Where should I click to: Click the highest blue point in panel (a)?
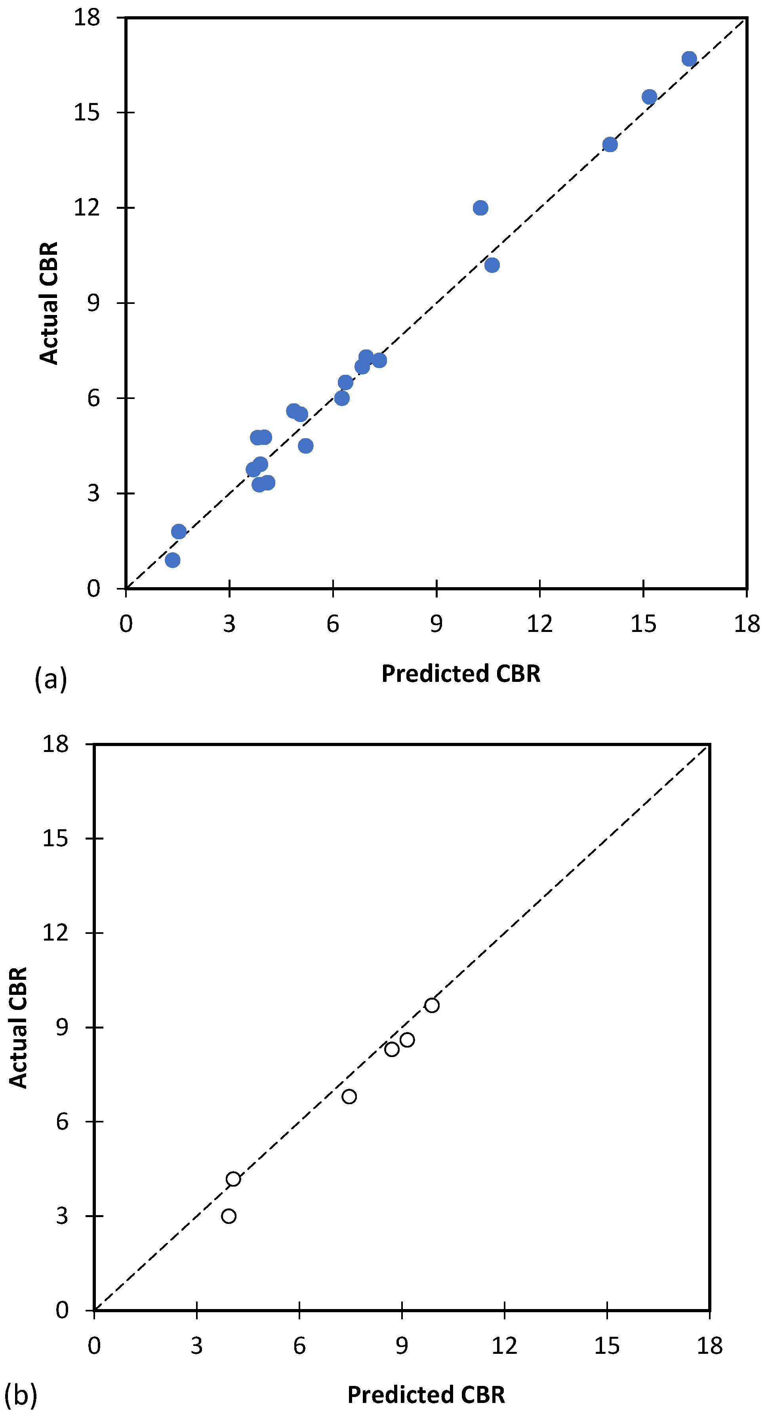pos(689,59)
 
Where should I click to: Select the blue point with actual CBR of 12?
pos(480,208)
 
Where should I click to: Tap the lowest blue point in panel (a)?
pos(172,560)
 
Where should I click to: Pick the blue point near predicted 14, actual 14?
pos(610,145)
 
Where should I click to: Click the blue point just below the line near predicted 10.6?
pos(492,265)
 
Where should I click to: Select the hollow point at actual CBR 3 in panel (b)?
pos(229,1216)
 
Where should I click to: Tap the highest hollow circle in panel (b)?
pos(432,1005)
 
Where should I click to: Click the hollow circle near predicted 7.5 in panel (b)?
pos(349,1097)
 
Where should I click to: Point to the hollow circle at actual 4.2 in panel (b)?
pos(233,1179)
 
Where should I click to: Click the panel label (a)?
pos(51,679)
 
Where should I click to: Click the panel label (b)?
pos(20,1395)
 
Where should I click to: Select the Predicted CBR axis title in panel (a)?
pos(461,673)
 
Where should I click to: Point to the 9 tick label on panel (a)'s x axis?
pos(436,624)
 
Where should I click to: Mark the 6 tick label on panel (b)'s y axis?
pos(62,1121)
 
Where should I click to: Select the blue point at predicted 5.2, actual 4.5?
pos(305,445)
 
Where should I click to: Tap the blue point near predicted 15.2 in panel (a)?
pos(649,97)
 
